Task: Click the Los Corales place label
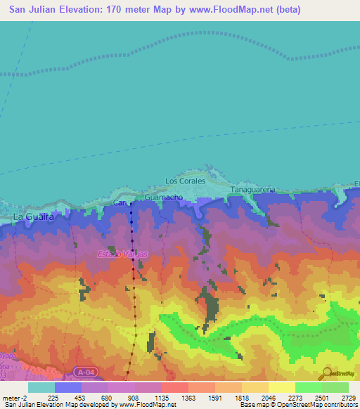185,181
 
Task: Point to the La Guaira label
33,217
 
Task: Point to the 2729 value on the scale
348,398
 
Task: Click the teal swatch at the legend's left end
41,387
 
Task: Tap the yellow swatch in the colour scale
281,387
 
